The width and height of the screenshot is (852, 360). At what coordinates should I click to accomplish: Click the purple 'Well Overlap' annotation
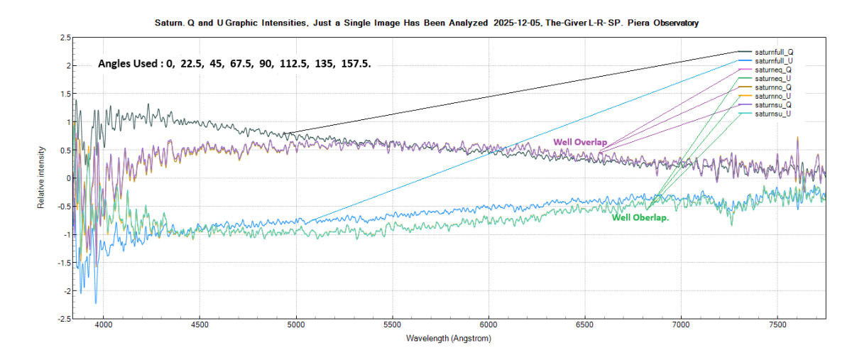(x=580, y=143)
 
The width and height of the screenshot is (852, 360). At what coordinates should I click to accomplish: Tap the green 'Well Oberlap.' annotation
(x=640, y=218)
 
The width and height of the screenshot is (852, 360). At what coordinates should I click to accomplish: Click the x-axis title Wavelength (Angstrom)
(x=448, y=339)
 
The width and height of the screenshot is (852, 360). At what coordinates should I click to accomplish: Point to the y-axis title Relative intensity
(x=42, y=178)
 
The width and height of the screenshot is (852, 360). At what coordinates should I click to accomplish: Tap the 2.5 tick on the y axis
(x=65, y=37)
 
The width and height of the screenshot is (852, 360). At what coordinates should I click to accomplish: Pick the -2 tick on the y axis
(x=67, y=291)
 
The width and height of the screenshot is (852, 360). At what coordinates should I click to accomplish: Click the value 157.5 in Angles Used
(x=356, y=64)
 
